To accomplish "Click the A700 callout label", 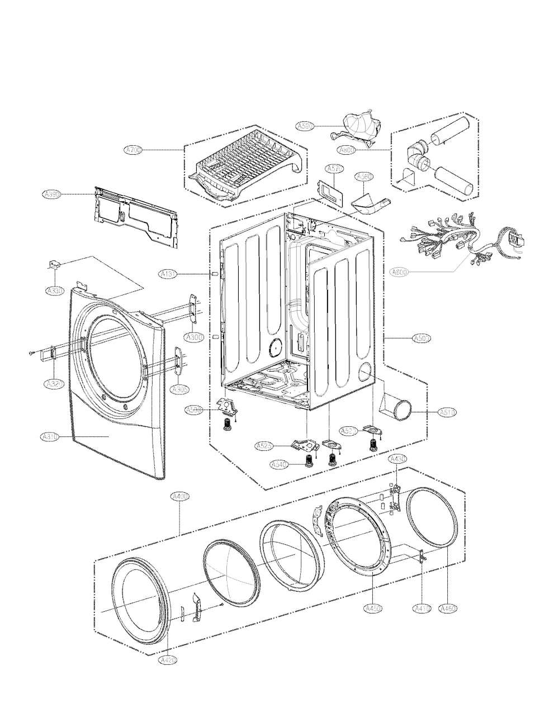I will click(x=134, y=150).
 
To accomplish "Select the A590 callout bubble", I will click(x=305, y=126).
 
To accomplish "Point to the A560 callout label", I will click(x=364, y=177).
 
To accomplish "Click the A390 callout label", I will click(x=51, y=194).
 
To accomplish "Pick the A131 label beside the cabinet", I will click(x=168, y=274).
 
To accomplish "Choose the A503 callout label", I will click(x=421, y=338).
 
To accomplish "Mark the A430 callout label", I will click(x=397, y=459).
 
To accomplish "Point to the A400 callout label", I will click(x=179, y=496).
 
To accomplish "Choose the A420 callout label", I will click(x=168, y=660).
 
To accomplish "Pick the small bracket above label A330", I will click(x=55, y=264).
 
